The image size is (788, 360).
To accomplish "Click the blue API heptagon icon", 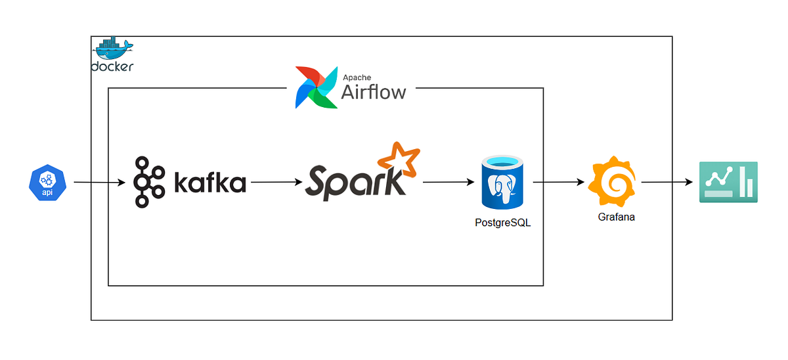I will (x=48, y=183).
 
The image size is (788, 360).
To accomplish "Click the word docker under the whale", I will (x=112, y=67).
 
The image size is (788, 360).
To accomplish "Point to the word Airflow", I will (x=373, y=91).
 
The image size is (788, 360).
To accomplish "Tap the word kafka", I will (x=210, y=183).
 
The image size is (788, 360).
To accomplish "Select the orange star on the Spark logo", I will (x=397, y=158).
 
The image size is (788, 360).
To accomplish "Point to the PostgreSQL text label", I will (x=502, y=223).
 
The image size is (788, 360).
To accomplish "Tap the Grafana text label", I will (x=616, y=217).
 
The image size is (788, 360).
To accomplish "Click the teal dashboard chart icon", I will (x=727, y=182).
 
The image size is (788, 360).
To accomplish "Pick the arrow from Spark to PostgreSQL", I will (x=449, y=183).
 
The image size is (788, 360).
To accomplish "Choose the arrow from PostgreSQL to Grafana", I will (x=559, y=183).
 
